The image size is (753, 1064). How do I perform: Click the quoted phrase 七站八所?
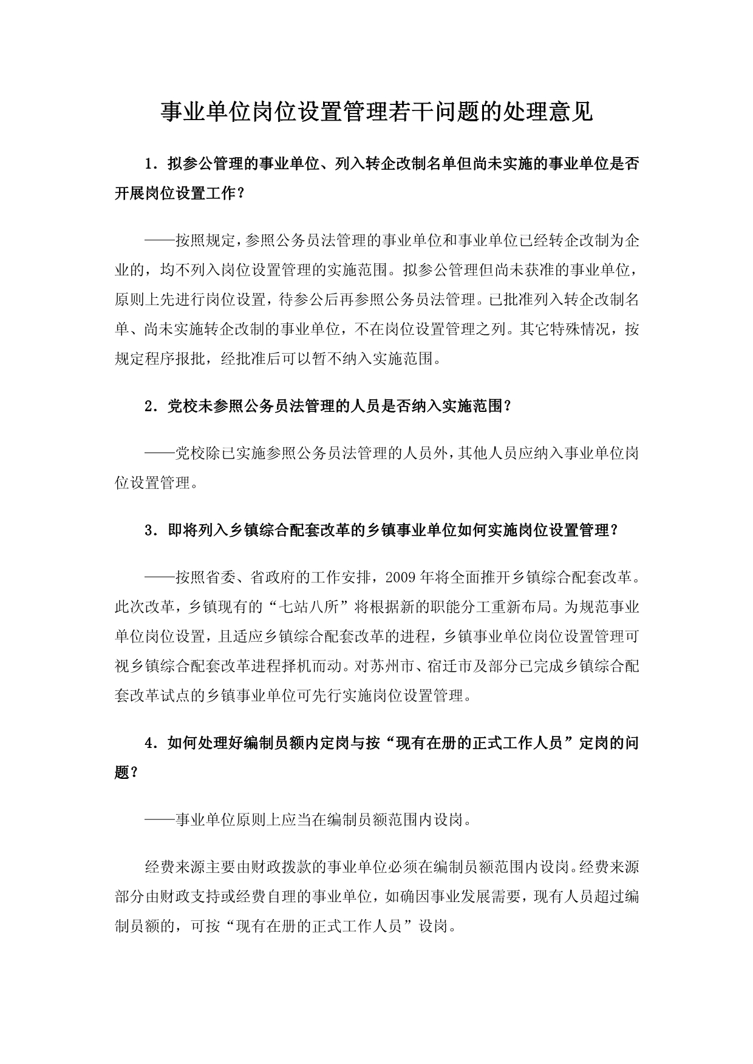click(x=308, y=606)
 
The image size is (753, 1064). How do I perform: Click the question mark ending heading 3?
click(x=615, y=530)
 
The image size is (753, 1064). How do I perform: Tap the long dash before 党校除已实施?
click(x=160, y=453)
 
